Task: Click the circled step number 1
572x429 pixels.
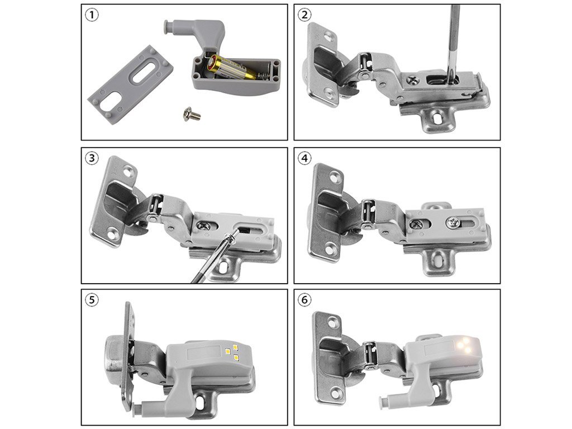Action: (x=92, y=15)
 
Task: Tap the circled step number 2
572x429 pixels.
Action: (x=304, y=15)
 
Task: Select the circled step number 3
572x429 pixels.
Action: (x=92, y=158)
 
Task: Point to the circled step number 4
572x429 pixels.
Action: (x=304, y=158)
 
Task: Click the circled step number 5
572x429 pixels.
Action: (x=92, y=300)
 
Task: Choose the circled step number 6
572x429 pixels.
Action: (x=304, y=300)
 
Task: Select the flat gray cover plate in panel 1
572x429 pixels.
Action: (x=130, y=85)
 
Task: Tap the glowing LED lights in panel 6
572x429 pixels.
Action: (x=465, y=345)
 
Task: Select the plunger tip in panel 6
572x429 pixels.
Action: (x=383, y=402)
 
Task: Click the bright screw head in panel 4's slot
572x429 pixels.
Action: (x=454, y=222)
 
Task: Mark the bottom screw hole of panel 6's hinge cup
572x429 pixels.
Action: (x=336, y=394)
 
